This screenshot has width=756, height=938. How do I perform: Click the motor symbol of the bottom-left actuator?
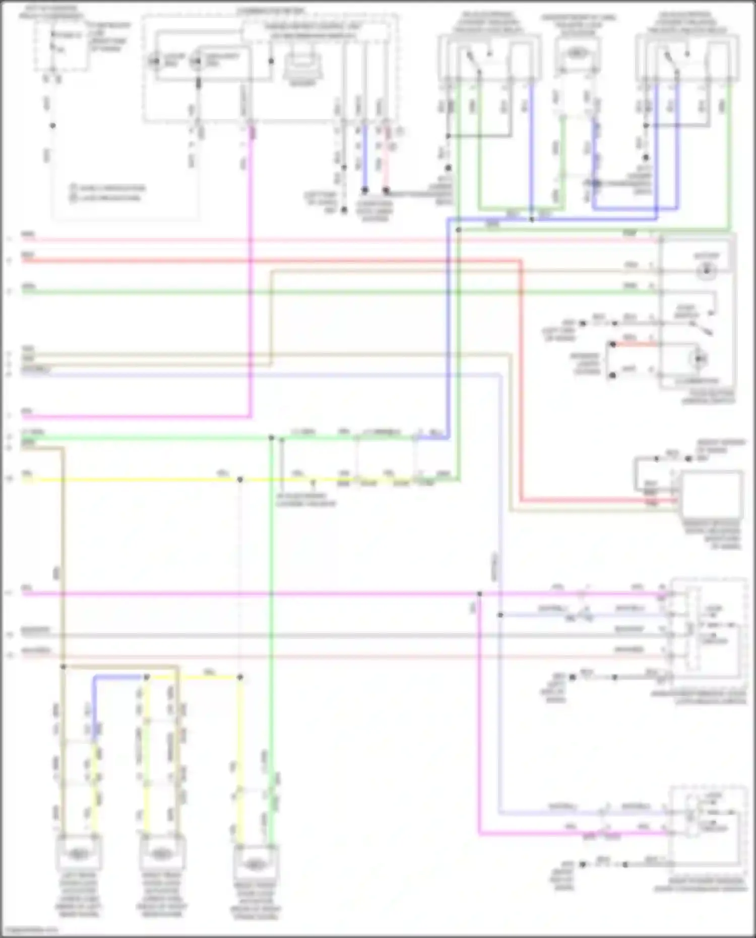[x=78, y=853]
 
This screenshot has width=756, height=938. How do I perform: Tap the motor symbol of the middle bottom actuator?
[x=161, y=853]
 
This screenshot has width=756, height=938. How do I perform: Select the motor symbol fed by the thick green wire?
[x=255, y=864]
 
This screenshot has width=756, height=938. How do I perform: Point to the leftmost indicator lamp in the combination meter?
[x=154, y=62]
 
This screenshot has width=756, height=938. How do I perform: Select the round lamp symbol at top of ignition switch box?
[x=706, y=270]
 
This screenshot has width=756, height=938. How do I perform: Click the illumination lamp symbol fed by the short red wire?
[x=700, y=358]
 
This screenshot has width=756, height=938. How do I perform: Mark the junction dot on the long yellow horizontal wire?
[x=240, y=479]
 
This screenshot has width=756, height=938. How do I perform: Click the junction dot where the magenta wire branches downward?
[x=479, y=594]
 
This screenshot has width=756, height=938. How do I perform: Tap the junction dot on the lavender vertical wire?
[x=500, y=615]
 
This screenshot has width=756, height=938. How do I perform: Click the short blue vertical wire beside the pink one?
[x=365, y=156]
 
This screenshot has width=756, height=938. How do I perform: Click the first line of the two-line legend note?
[x=108, y=188]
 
